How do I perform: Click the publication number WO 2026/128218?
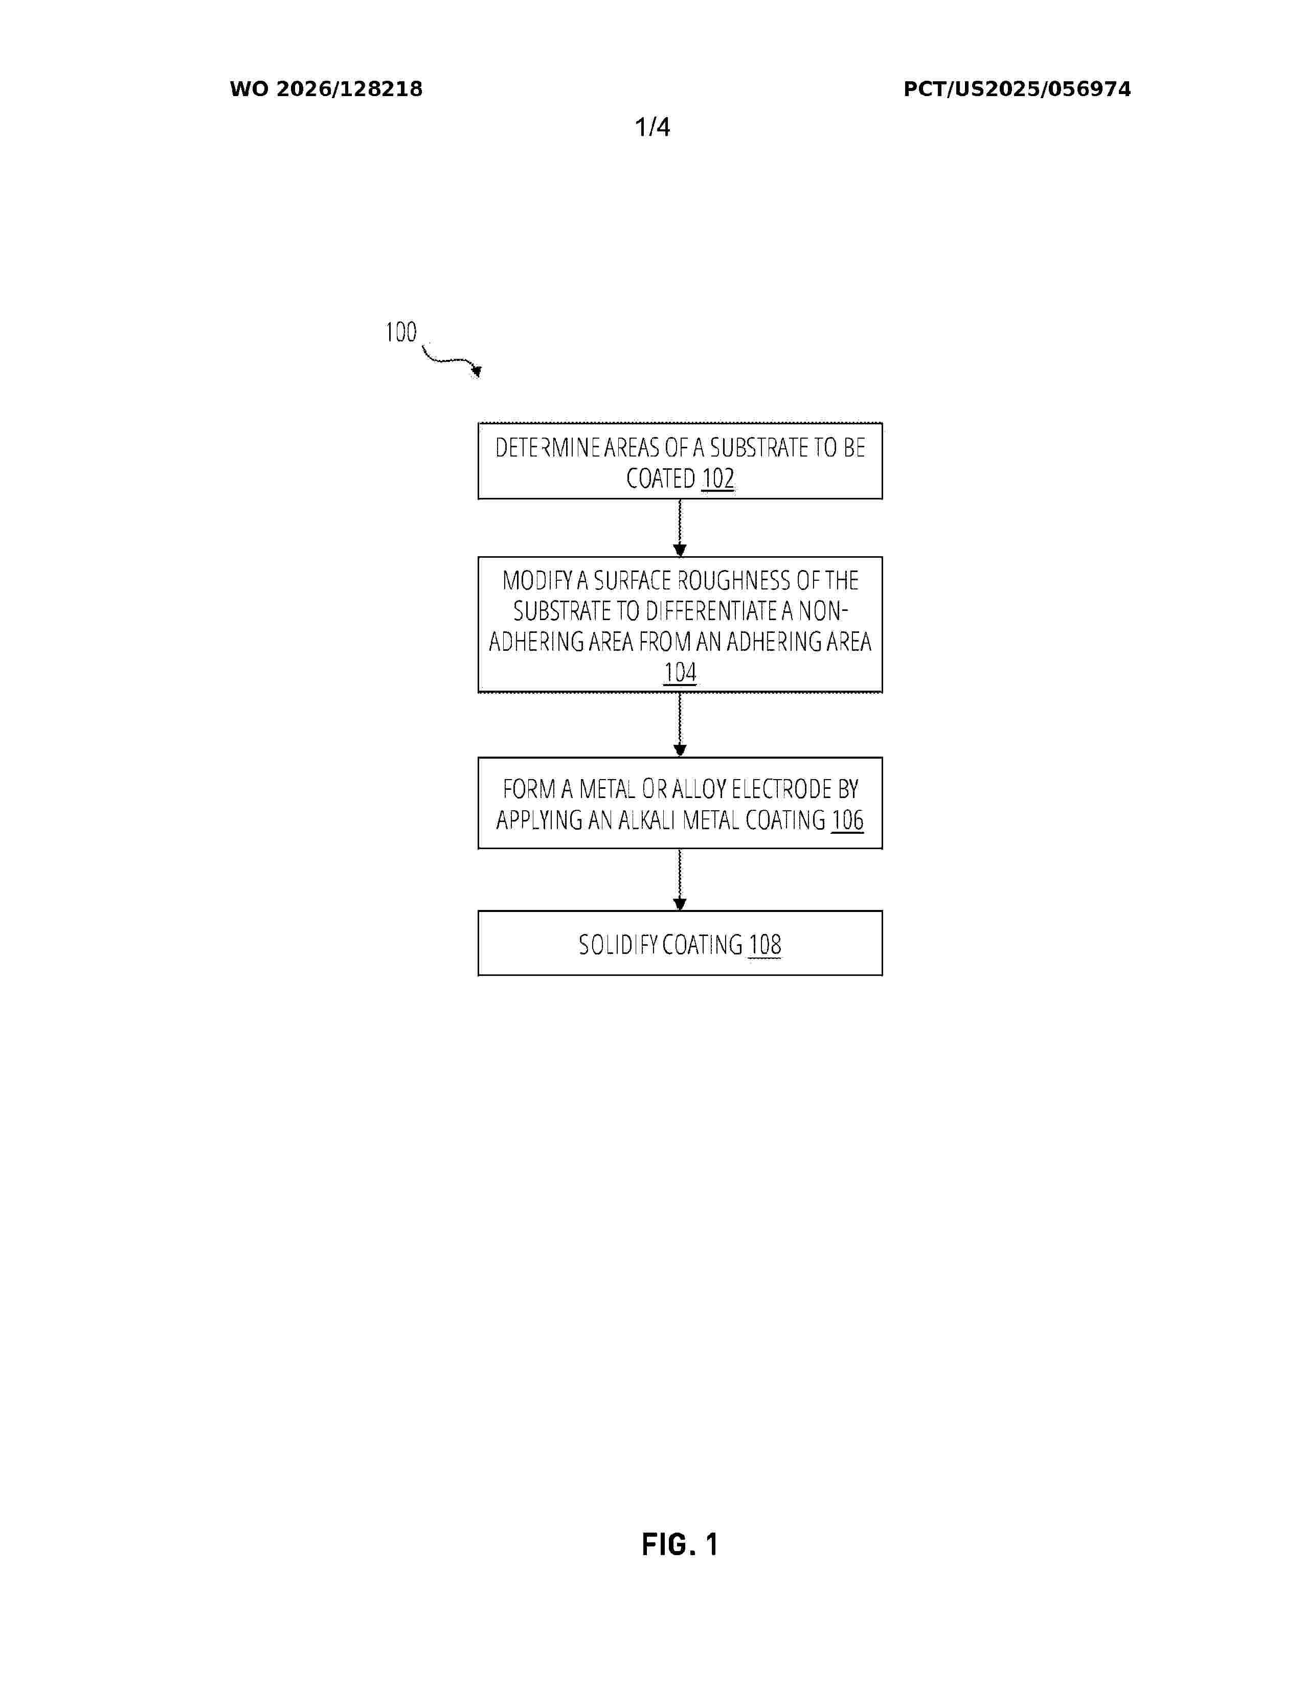(326, 89)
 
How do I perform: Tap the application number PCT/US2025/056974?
(1017, 89)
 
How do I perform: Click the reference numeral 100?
(401, 332)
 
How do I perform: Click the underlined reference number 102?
(717, 479)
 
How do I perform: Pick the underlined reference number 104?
(680, 673)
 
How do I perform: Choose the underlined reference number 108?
(765, 945)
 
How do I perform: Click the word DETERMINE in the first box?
(548, 448)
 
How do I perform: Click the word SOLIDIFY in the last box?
(618, 945)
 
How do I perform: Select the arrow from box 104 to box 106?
(680, 724)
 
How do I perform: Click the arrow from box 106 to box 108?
(680, 880)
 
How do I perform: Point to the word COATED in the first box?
(661, 479)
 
